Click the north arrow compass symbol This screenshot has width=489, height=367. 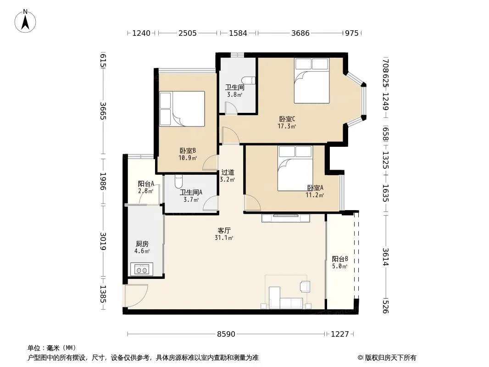[25, 21]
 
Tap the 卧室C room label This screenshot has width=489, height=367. [287, 119]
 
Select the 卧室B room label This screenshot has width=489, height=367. [188, 150]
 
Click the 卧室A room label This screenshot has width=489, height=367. [315, 188]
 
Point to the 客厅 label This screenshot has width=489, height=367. [224, 230]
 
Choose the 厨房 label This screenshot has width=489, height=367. [142, 244]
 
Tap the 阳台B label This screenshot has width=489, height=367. [340, 259]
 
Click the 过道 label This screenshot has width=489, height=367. [228, 172]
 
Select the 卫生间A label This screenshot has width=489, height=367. [191, 192]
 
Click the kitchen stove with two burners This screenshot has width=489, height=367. [142, 269]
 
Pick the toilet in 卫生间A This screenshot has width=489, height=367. [178, 181]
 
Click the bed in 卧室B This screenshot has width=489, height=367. [182, 109]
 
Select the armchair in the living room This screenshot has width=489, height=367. [305, 286]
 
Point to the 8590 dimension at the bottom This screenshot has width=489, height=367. [226, 334]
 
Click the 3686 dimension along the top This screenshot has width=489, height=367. [300, 33]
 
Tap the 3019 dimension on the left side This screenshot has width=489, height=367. [103, 241]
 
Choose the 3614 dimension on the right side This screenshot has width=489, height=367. [386, 256]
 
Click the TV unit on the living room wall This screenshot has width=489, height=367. [286, 217]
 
